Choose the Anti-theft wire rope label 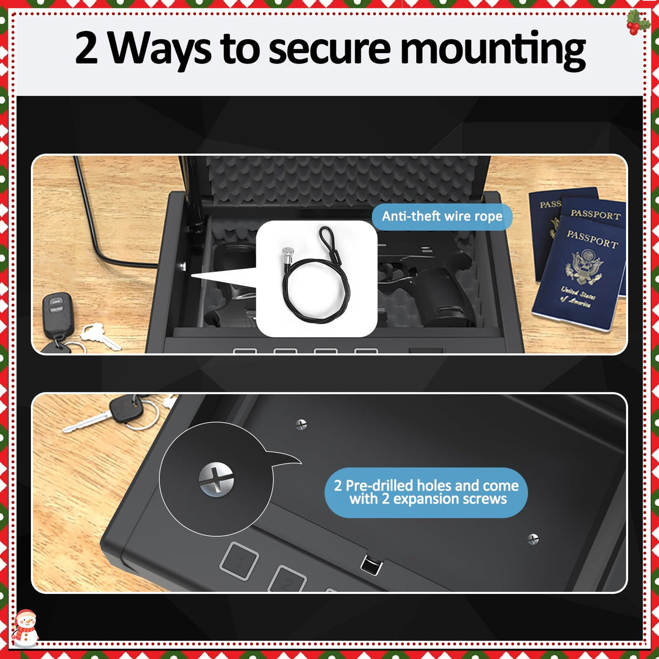[442, 217]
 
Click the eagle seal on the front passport [584, 267]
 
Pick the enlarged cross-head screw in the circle [216, 479]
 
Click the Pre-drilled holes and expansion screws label [426, 492]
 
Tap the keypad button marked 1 [238, 561]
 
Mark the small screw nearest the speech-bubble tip [301, 424]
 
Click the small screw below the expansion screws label [533, 539]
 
